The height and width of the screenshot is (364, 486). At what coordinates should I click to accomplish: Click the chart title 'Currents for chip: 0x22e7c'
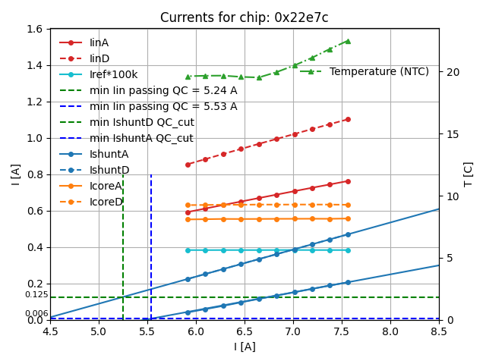(x=244, y=17)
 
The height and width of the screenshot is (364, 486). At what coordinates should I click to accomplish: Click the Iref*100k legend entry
(x=113, y=74)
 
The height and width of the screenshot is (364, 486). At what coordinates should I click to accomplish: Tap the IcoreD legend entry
(x=106, y=202)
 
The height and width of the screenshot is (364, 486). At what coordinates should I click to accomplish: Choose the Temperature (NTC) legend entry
(x=379, y=71)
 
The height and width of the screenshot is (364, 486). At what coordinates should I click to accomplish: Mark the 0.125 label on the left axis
(x=36, y=295)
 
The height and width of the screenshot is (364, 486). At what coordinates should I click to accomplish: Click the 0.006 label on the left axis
(x=36, y=314)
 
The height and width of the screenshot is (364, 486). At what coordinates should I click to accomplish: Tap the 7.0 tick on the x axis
(x=293, y=331)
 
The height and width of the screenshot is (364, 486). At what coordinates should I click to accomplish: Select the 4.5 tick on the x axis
(x=50, y=331)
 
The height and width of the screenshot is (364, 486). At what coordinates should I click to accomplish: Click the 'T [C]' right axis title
(x=469, y=174)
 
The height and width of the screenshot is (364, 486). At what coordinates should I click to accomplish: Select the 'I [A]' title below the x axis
(x=244, y=347)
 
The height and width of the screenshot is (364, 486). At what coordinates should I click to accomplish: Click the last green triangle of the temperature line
(x=348, y=41)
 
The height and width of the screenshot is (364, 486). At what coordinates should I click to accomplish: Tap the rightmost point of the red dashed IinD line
(x=348, y=119)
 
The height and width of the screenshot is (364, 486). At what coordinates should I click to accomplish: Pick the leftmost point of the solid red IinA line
(x=188, y=212)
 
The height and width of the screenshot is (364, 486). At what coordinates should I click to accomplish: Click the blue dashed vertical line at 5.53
(x=151, y=243)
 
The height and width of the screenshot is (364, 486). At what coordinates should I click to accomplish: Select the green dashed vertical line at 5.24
(x=123, y=243)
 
